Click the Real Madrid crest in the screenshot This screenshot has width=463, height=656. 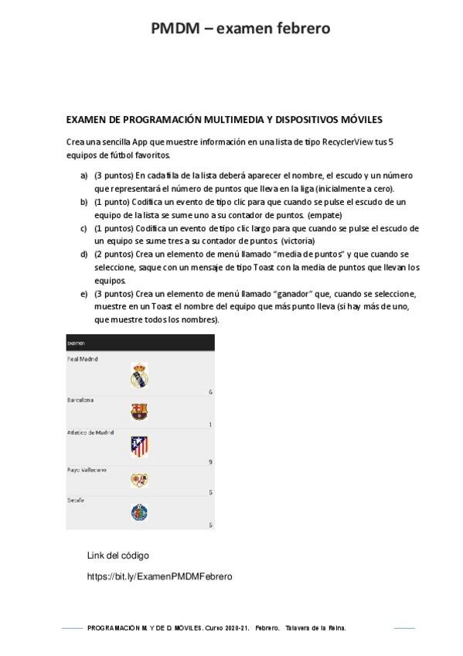(139, 374)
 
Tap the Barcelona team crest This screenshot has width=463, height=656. (139, 412)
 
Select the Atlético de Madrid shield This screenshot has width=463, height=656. (139, 446)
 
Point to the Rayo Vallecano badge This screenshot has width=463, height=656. (139, 480)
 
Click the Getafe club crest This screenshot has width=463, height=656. (139, 512)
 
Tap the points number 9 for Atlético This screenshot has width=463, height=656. (210, 462)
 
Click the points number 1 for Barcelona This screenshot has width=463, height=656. (210, 425)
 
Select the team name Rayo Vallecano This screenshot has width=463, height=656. (87, 470)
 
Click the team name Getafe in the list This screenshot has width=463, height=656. (76, 501)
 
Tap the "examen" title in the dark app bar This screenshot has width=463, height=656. (77, 343)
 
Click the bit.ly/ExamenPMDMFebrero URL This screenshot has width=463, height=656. (159, 577)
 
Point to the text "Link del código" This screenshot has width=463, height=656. (118, 555)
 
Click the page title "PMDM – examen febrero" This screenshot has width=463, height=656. (240, 29)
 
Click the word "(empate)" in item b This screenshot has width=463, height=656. (325, 214)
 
